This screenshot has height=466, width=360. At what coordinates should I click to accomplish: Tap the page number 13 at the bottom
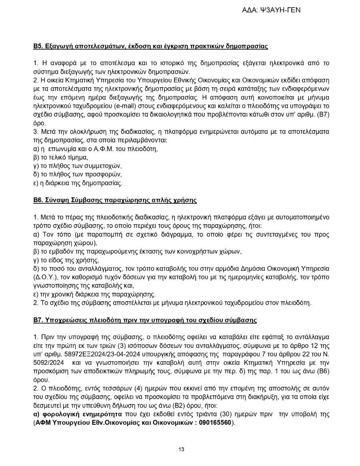pos(181,450)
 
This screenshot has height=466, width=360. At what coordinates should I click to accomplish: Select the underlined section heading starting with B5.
pos(150,46)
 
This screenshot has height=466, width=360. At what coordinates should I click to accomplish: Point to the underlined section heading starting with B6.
pos(115,200)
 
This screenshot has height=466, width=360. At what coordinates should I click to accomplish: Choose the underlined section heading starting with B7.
pos(145,320)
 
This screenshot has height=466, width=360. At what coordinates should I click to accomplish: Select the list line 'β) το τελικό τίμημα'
pos(60,157)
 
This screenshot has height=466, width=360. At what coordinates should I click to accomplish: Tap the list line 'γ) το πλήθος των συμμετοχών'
pos(77,166)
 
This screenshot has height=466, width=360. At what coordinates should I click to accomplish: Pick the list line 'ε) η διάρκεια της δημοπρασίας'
pos(78,183)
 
